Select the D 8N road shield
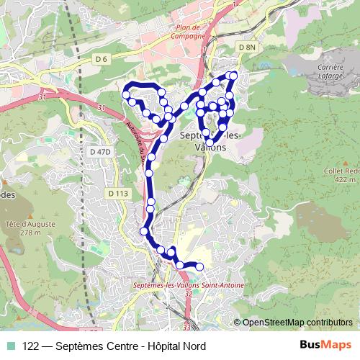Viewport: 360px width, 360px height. (x=246, y=47)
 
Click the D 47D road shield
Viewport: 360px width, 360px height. (x=100, y=152)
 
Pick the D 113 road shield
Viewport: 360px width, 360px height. (x=117, y=193)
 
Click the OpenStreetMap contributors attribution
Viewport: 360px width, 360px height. (x=297, y=323)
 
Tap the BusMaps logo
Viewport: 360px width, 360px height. (x=325, y=346)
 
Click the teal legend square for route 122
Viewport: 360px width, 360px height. (x=12, y=346)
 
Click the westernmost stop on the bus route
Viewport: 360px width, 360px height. (x=125, y=94)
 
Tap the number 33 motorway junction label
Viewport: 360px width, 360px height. (x=186, y=328)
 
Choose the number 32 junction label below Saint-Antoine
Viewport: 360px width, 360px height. (x=188, y=294)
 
